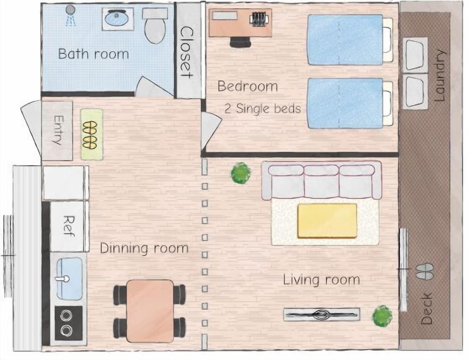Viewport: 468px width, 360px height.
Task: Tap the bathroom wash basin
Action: click(x=118, y=19)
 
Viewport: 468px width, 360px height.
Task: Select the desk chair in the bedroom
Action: click(x=240, y=42)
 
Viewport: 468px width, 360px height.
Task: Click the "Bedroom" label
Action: click(x=248, y=86)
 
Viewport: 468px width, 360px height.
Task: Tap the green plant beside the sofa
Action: click(x=241, y=173)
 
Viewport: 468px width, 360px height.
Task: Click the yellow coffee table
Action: click(x=327, y=221)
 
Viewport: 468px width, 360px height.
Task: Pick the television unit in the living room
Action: click(x=322, y=314)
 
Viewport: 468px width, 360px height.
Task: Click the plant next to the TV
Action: click(x=382, y=317)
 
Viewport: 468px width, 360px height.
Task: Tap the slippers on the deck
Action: click(x=425, y=271)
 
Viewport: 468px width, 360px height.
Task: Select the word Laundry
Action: click(x=439, y=75)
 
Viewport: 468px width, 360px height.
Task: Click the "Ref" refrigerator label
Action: click(x=69, y=226)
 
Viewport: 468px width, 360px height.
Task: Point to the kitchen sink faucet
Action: click(x=63, y=279)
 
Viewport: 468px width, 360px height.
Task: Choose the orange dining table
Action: click(x=150, y=311)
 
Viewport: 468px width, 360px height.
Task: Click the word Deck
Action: click(x=427, y=309)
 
